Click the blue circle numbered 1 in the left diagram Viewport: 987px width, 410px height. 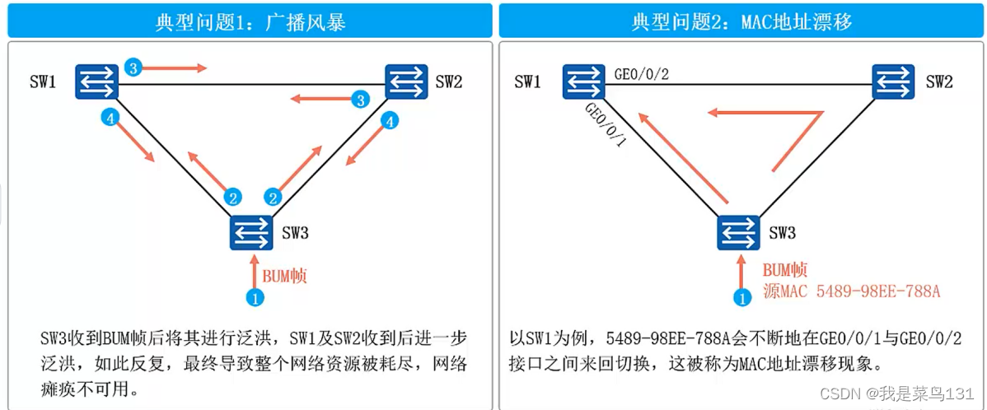tap(255, 298)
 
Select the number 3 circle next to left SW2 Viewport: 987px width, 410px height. tap(359, 100)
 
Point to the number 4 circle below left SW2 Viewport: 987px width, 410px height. tap(391, 121)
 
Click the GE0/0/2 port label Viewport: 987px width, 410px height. tap(641, 74)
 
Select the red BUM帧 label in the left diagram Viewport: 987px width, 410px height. tap(284, 276)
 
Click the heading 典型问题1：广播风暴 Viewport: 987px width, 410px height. tap(250, 22)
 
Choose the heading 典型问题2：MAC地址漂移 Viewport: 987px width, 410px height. tap(741, 22)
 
